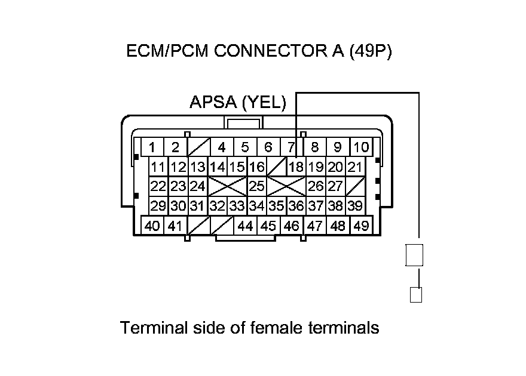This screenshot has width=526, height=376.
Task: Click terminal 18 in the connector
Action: click(296, 167)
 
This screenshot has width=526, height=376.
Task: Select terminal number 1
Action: click(153, 147)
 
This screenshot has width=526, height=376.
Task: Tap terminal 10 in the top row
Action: click(360, 147)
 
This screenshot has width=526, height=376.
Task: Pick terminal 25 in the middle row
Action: click(256, 186)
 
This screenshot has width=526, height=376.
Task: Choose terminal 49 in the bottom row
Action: click(360, 226)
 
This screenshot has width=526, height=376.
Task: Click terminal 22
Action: click(158, 186)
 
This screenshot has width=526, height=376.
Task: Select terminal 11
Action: click(158, 167)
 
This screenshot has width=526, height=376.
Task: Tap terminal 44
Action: click(245, 226)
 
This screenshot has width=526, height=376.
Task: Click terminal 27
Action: click(335, 186)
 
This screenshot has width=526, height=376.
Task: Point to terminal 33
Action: click(237, 206)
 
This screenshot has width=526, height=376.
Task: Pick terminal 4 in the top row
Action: click(221, 147)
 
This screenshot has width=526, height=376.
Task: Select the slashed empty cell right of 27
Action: click(356, 186)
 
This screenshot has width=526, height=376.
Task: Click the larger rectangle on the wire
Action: click(414, 255)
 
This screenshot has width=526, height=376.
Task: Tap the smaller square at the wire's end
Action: click(416, 295)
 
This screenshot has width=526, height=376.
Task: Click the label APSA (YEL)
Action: click(237, 103)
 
